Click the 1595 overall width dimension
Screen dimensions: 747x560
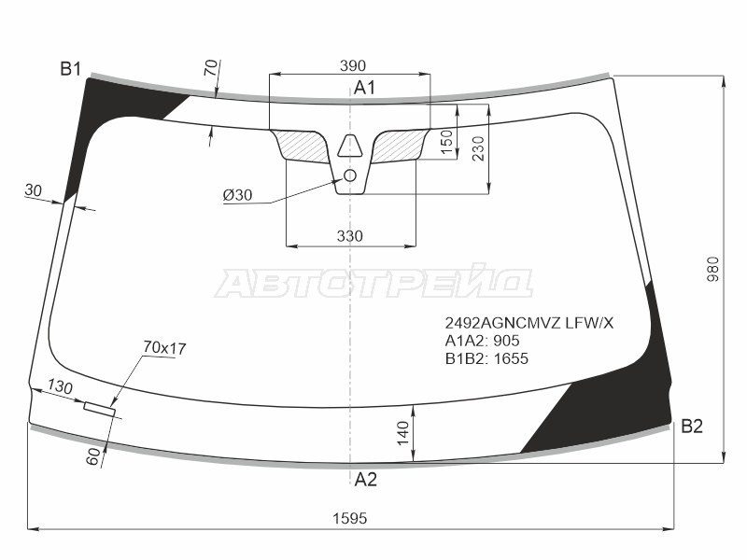pyautogui.click(x=349, y=518)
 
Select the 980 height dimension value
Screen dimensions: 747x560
pyautogui.click(x=713, y=269)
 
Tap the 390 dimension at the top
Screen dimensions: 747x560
pyautogui.click(x=353, y=65)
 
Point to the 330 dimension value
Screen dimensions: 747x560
pyautogui.click(x=349, y=236)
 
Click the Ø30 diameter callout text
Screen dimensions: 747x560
pyautogui.click(x=237, y=195)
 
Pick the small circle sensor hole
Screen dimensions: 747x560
pyautogui.click(x=350, y=175)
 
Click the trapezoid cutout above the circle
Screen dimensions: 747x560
pyautogui.click(x=351, y=146)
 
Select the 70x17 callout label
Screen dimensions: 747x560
pyautogui.click(x=164, y=348)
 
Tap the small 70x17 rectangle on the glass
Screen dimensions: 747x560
pyautogui.click(x=100, y=409)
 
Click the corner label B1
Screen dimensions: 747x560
pyautogui.click(x=71, y=69)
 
